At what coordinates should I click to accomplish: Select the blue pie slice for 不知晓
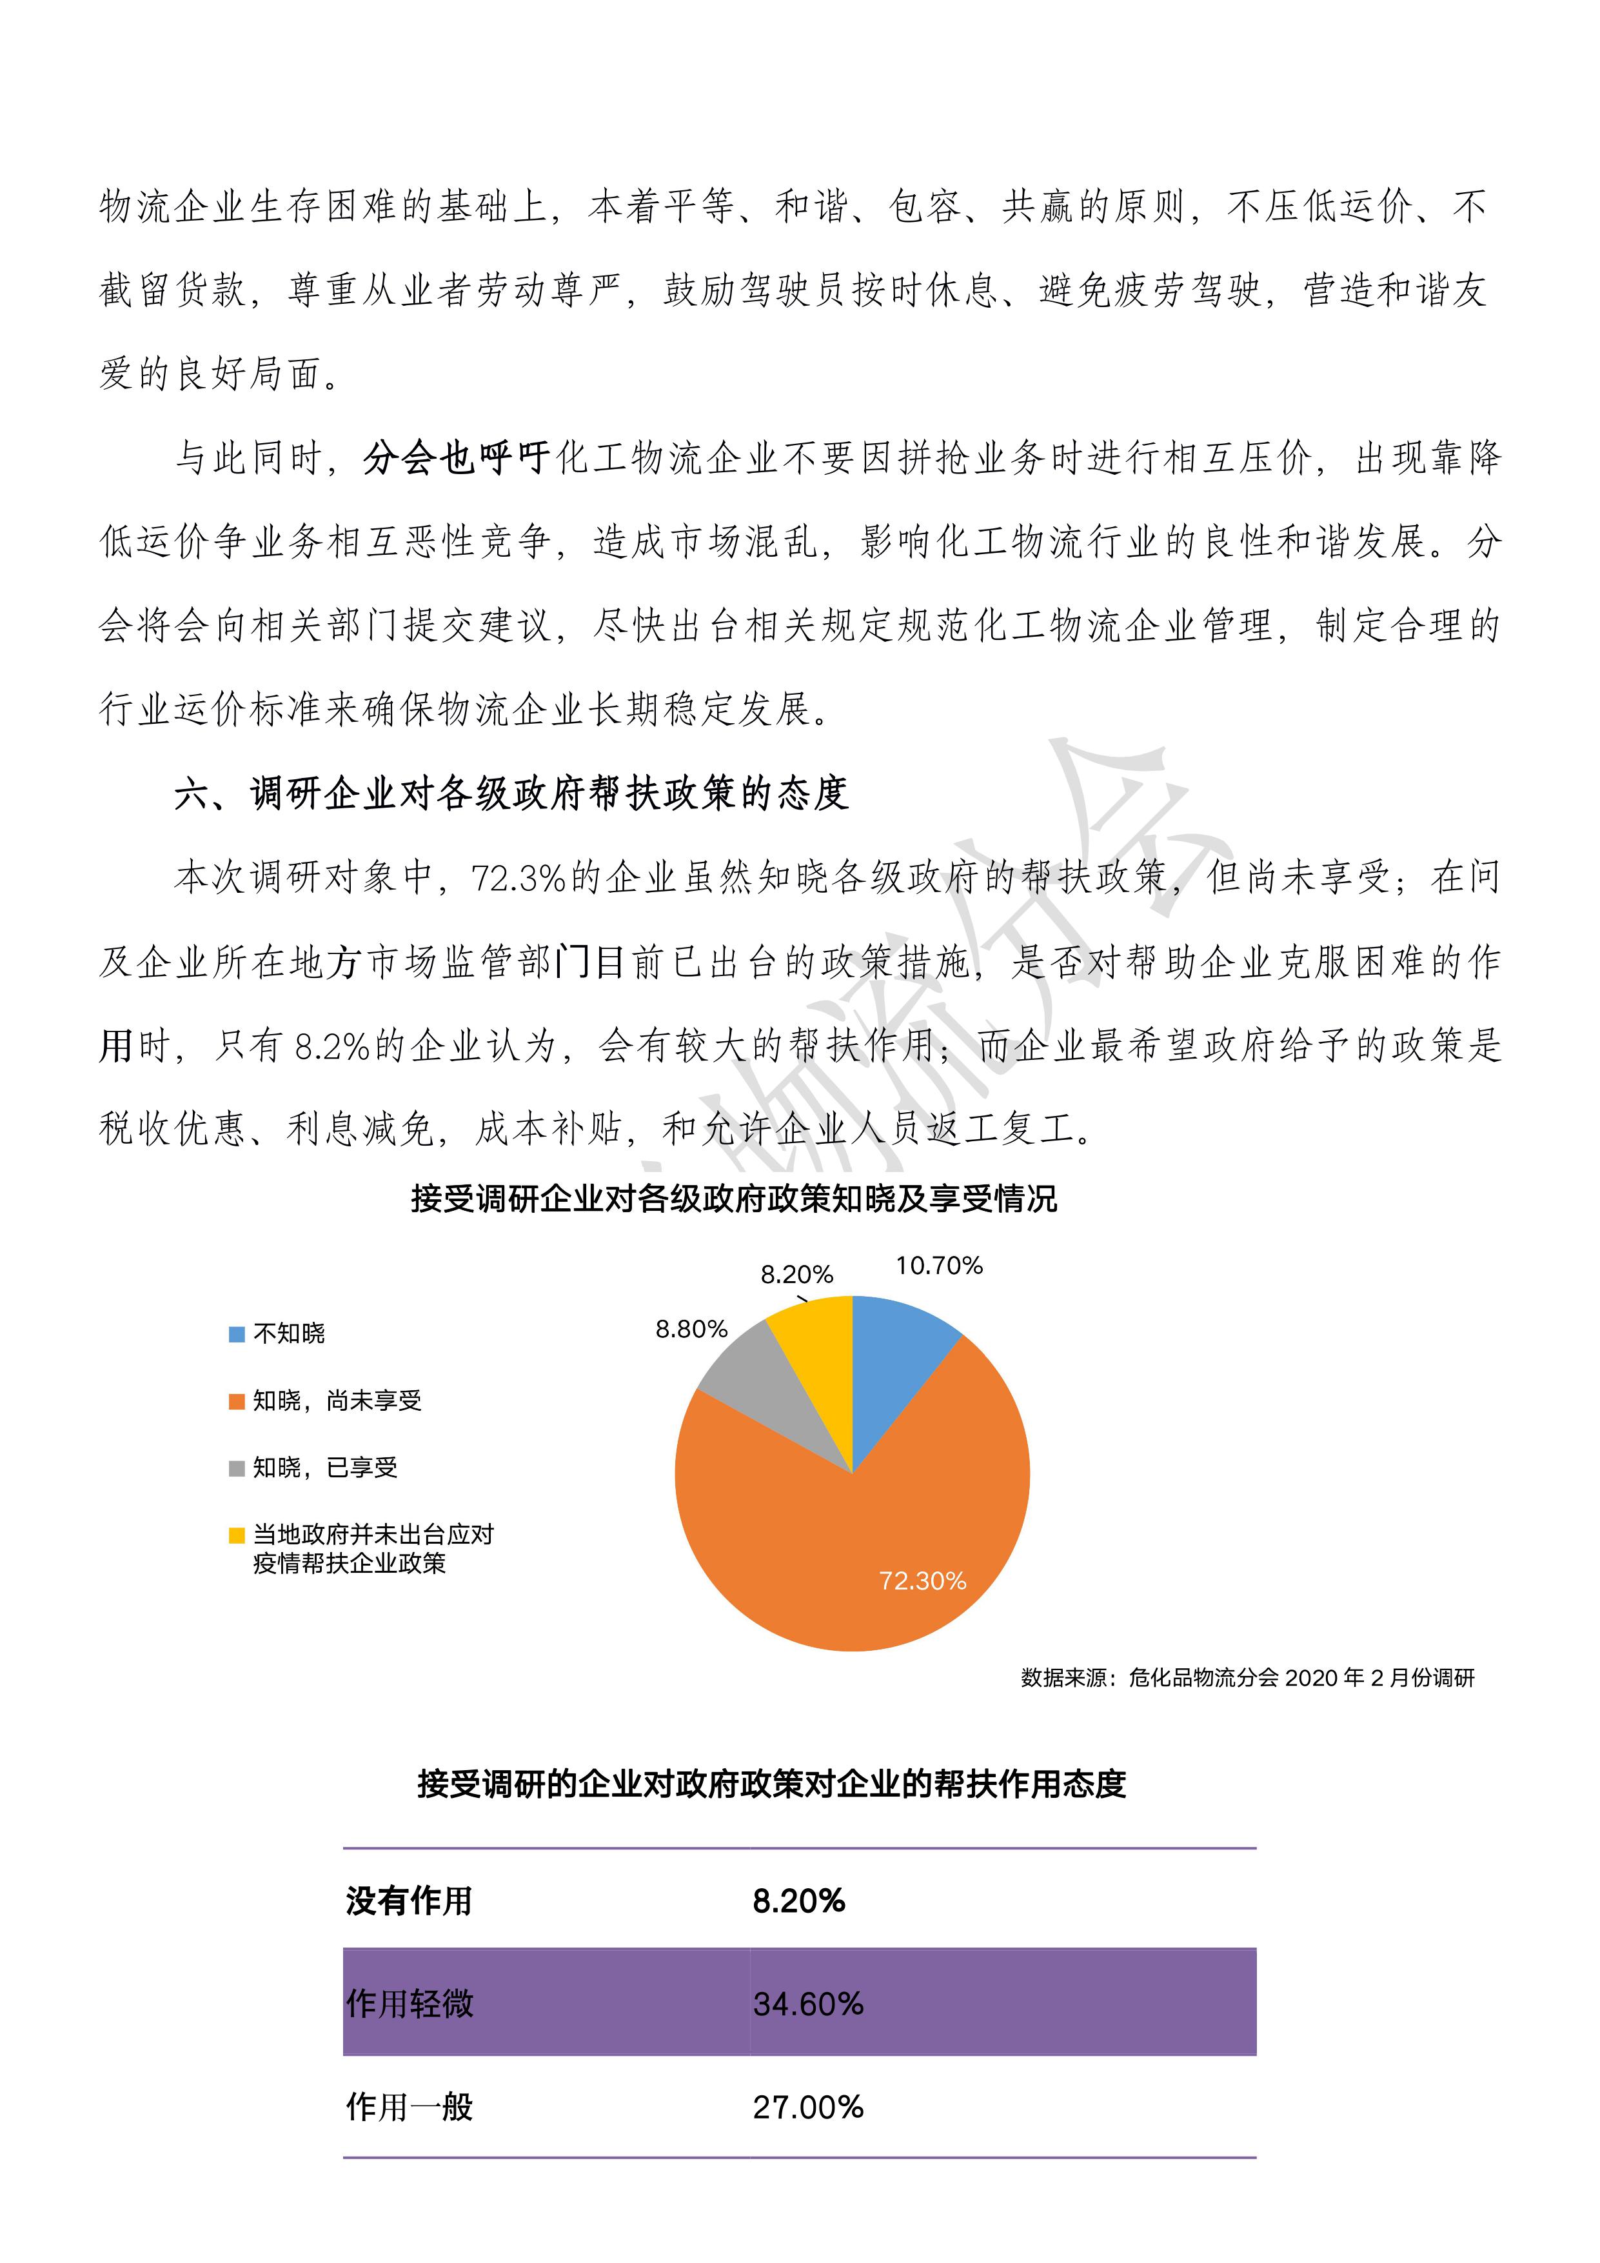click(892, 1370)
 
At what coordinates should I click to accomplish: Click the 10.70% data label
click(939, 1266)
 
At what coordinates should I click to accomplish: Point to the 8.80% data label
click(691, 1330)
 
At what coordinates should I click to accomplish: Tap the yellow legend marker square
click(237, 1535)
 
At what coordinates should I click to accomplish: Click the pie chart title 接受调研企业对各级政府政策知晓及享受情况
click(734, 1199)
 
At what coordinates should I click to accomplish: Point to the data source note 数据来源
click(1247, 1677)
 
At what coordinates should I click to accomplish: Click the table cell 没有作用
click(409, 1900)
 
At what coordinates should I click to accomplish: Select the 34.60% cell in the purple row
click(808, 2004)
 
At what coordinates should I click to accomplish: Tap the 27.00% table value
click(808, 2108)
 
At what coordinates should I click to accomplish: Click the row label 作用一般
click(409, 2108)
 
